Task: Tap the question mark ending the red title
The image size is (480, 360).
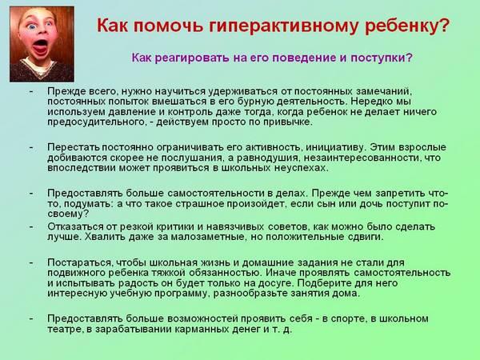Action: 443,25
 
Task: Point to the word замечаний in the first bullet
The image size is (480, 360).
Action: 382,91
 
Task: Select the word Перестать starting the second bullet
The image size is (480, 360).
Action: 74,147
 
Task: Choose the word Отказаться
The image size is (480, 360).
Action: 76,226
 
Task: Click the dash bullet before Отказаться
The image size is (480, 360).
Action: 31,227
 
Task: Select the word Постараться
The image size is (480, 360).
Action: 80,262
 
